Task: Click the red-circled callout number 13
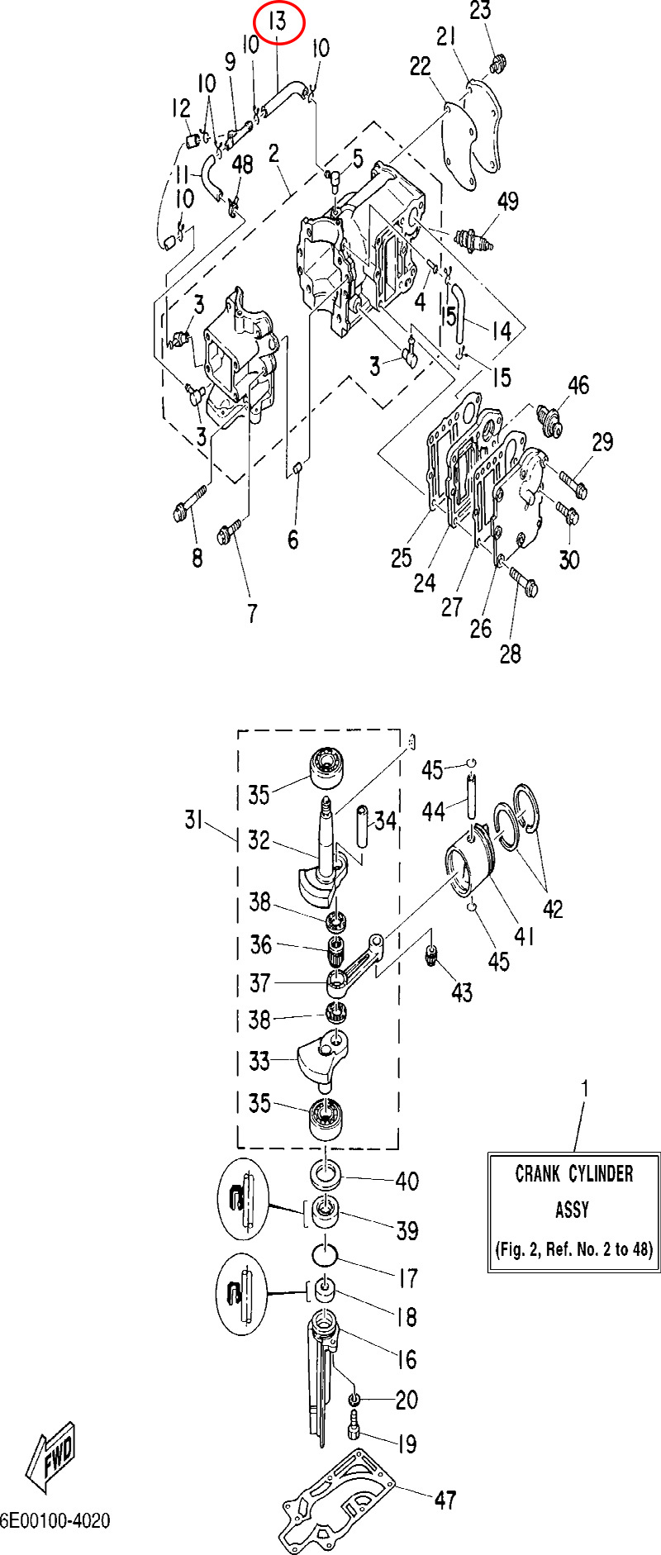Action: coord(279,22)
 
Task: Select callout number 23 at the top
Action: coord(480,11)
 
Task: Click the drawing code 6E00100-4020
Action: coord(55,1521)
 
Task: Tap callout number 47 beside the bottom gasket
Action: coord(445,1500)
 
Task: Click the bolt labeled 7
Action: coord(230,530)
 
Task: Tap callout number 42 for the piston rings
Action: coord(553,909)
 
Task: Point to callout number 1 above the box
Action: coord(585,1089)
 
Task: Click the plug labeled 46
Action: coord(549,419)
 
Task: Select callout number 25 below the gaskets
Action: coord(401,558)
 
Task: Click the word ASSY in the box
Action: coord(572,1210)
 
